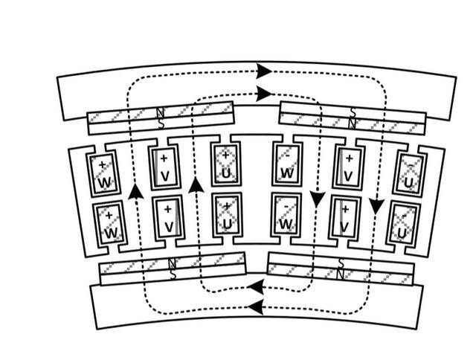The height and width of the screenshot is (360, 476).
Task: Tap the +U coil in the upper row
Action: (225, 164)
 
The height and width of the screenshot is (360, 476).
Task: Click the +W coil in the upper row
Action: (103, 173)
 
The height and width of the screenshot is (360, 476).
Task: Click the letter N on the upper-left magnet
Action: (159, 113)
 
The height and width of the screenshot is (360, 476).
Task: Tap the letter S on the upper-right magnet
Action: (353, 112)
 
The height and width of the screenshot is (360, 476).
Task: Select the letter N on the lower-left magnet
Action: (173, 263)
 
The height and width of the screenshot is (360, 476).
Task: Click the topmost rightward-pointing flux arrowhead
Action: (263, 71)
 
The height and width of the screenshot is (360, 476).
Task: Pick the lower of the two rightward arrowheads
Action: (263, 94)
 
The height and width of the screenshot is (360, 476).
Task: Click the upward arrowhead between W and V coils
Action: (135, 191)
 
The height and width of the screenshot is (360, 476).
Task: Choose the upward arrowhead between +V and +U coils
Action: (196, 184)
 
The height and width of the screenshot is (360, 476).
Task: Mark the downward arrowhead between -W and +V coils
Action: (318, 199)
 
